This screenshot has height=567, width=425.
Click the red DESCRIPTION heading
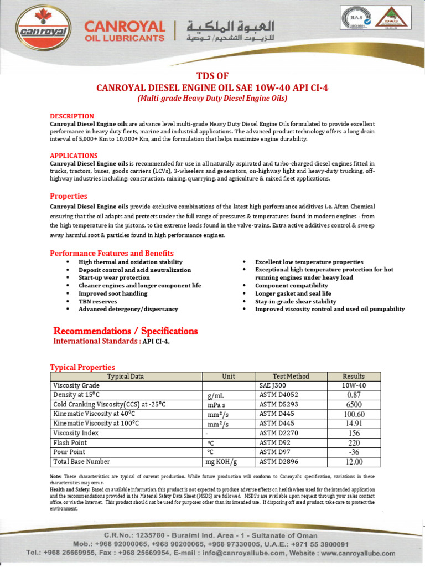[72, 116]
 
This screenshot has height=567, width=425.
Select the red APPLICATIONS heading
[74, 156]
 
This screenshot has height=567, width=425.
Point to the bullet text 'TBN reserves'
[98, 301]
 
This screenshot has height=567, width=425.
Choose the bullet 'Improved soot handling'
[113, 293]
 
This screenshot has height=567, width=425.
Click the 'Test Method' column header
[291, 377]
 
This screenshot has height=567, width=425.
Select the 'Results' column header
[354, 377]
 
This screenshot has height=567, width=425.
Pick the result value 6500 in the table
[354, 405]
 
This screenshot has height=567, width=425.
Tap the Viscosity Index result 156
[354, 434]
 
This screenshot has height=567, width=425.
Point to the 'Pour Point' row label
[69, 452]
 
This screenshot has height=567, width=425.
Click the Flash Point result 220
[354, 443]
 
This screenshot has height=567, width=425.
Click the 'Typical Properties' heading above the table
[82, 367]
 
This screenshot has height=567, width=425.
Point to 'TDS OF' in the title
[212, 76]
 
